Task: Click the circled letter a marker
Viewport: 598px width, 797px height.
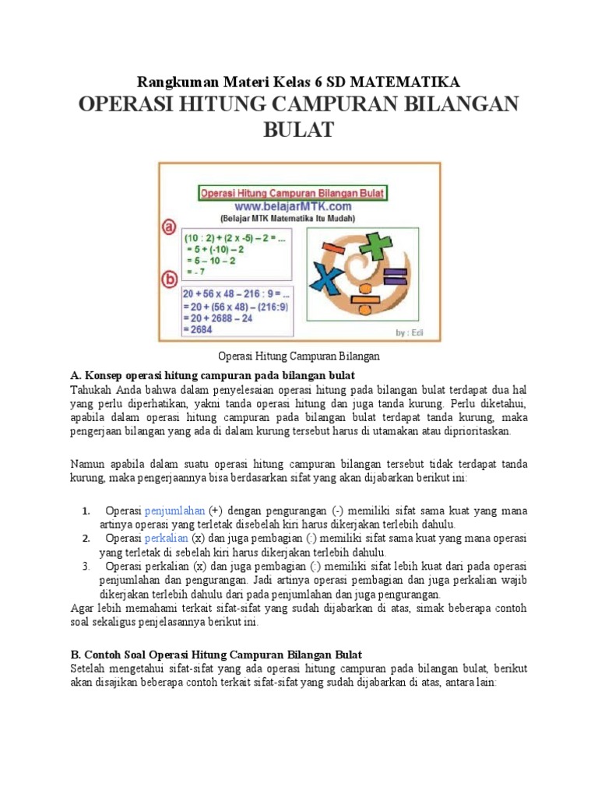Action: pos(169,226)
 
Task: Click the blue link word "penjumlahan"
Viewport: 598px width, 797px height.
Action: pos(174,511)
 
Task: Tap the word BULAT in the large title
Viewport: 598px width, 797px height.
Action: pos(298,129)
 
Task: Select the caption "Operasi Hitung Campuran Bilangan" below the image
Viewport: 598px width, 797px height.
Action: pos(298,356)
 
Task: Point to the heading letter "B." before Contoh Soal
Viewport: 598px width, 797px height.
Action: pos(76,655)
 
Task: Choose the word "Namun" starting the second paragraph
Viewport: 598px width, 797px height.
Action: pos(88,464)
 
